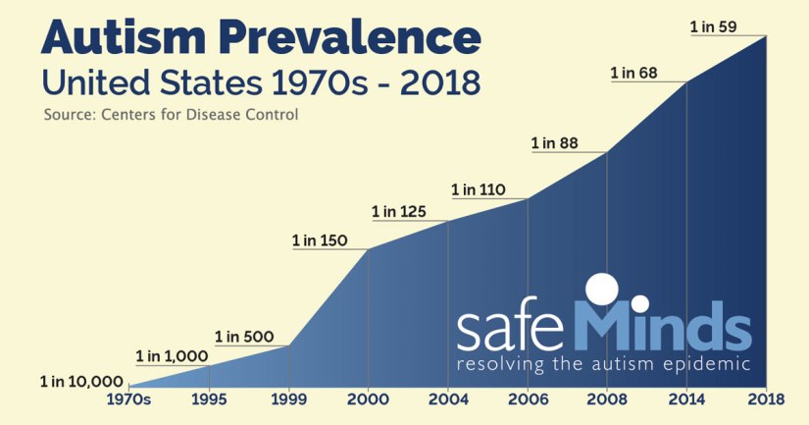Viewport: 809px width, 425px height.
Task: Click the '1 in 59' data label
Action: click(x=714, y=27)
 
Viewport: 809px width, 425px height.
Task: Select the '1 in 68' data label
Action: click(x=634, y=73)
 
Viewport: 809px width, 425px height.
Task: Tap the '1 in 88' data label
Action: click(x=555, y=143)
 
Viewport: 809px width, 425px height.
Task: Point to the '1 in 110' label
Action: click(x=478, y=189)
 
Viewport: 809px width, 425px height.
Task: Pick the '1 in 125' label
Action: click(x=398, y=211)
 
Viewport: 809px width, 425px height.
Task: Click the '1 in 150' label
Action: click(x=319, y=240)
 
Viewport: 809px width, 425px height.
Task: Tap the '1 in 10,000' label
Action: click(x=81, y=381)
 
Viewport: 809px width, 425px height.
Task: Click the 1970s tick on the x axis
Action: click(x=128, y=399)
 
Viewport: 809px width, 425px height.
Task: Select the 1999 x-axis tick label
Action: click(x=288, y=399)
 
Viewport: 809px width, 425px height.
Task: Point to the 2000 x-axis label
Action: click(x=368, y=399)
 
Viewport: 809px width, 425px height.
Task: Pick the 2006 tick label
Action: click(x=528, y=399)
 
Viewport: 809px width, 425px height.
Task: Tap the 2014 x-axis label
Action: click(x=686, y=399)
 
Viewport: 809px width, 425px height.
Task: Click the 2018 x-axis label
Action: click(x=766, y=399)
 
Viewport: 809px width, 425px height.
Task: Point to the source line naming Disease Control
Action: click(x=171, y=115)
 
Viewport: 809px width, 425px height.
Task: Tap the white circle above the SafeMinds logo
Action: click(x=601, y=291)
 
